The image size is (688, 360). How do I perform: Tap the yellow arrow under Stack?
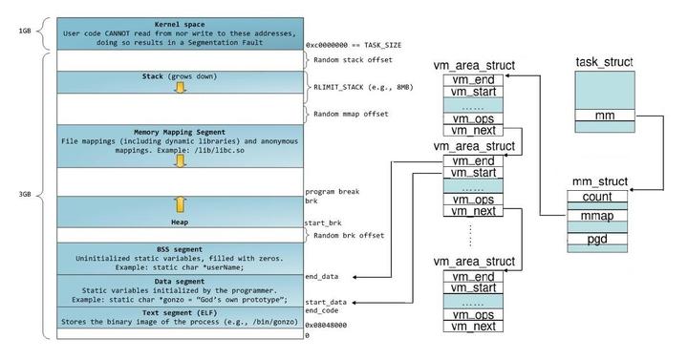(x=178, y=88)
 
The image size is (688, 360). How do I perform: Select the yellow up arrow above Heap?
(x=178, y=203)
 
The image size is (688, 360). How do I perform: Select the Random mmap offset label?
(x=355, y=115)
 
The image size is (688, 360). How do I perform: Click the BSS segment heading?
(x=178, y=247)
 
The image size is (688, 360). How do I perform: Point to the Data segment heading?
(x=178, y=281)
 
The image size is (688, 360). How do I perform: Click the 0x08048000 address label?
(x=327, y=325)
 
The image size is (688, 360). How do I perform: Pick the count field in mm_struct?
(x=596, y=197)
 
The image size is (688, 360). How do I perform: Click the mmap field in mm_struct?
(x=596, y=216)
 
